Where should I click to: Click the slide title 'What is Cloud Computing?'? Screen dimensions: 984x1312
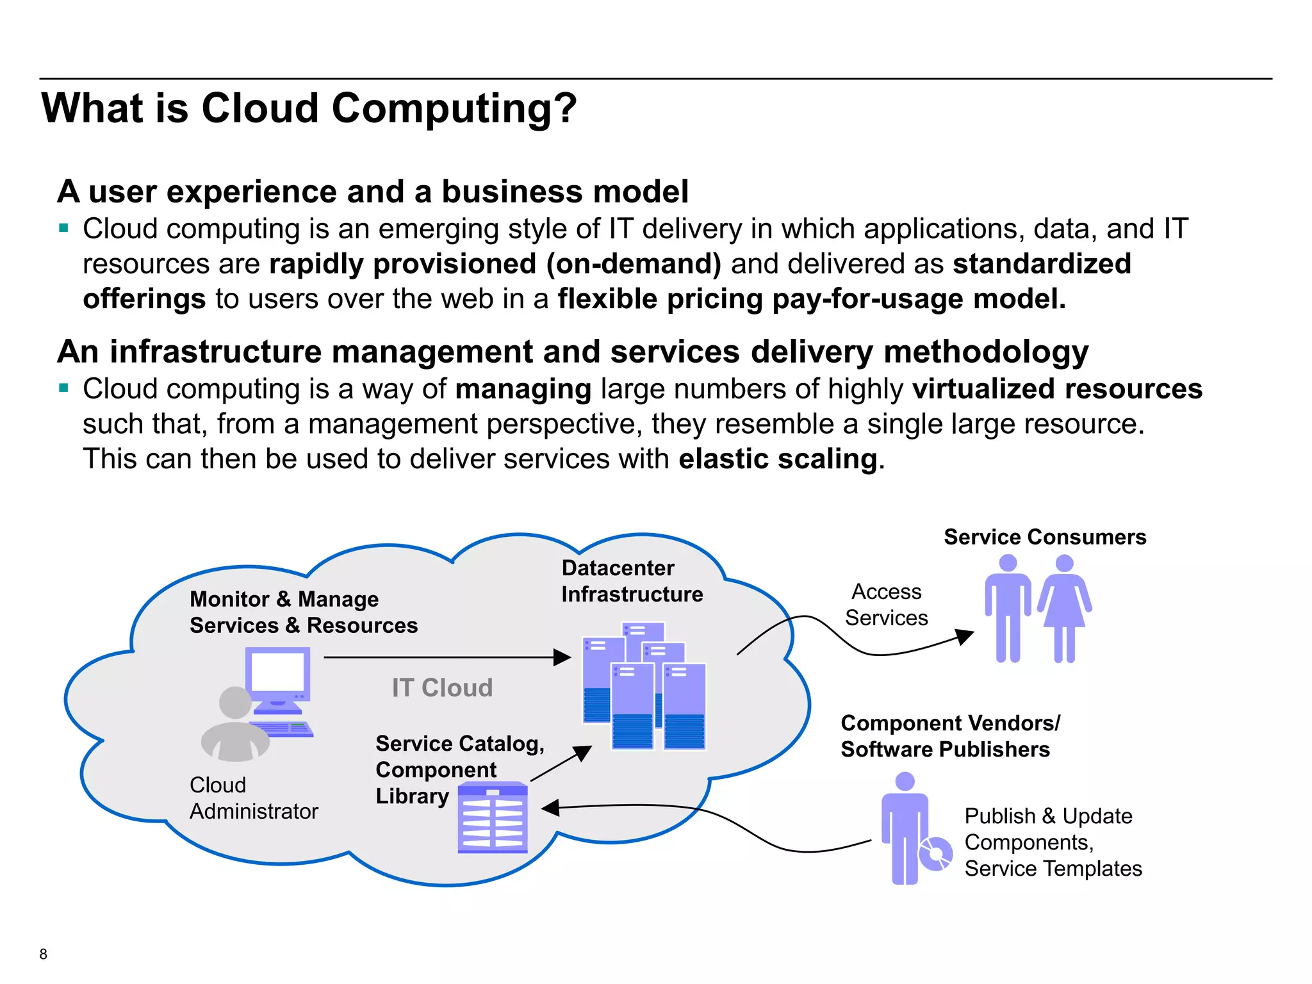(x=309, y=108)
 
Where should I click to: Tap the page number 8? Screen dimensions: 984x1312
(x=43, y=954)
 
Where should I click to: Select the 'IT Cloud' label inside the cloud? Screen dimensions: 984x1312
(x=442, y=688)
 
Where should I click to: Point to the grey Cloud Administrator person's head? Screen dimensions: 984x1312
(x=235, y=703)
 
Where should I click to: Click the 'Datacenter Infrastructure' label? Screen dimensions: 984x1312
(x=632, y=581)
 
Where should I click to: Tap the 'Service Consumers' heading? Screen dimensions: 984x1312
(x=1045, y=537)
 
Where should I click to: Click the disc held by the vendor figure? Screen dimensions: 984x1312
(x=936, y=854)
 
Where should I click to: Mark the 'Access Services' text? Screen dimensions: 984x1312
(x=887, y=605)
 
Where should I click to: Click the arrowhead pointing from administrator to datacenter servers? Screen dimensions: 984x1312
(x=562, y=657)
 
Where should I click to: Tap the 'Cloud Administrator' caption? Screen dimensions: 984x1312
(x=254, y=798)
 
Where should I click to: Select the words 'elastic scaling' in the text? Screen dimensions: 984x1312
(x=778, y=459)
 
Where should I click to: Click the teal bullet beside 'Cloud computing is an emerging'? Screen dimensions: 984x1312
(x=63, y=227)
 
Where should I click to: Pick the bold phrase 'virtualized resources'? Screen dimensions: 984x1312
(x=1057, y=389)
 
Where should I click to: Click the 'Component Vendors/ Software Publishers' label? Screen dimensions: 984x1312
(x=949, y=736)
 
